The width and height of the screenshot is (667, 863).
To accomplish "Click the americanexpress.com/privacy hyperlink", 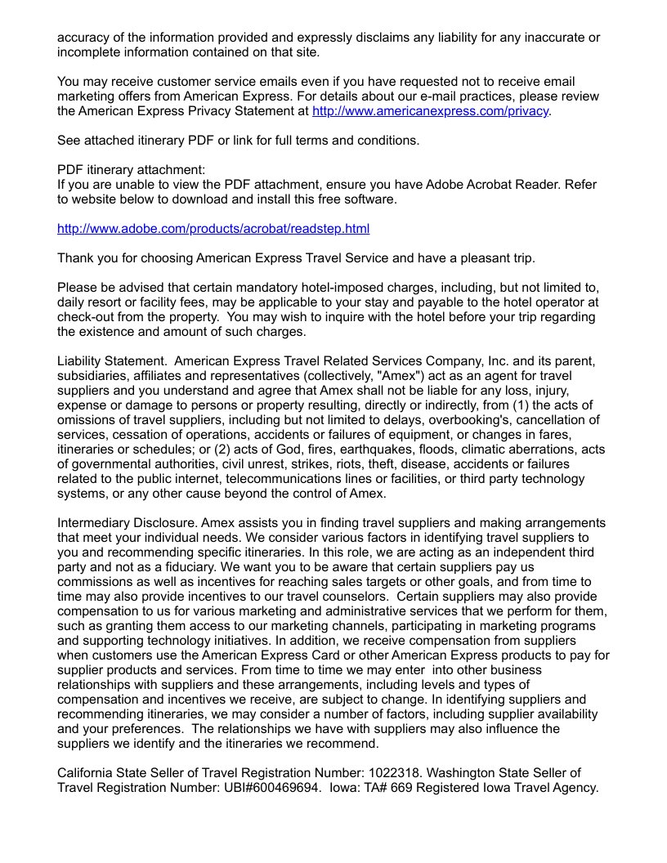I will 431,110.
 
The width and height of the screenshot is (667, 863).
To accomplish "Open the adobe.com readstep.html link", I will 213,229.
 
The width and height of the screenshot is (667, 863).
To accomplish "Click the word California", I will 87,773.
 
